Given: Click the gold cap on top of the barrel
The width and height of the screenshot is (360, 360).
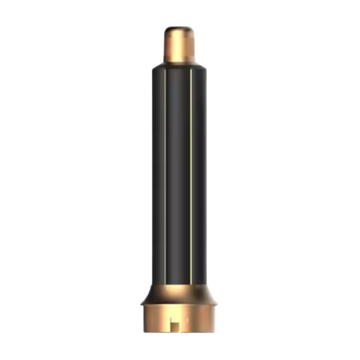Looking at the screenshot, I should pyautogui.click(x=180, y=46).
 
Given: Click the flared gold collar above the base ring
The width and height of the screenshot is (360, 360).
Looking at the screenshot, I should pyautogui.click(x=180, y=290).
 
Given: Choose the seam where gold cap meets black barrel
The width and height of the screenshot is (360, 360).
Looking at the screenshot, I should pyautogui.click(x=180, y=63).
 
